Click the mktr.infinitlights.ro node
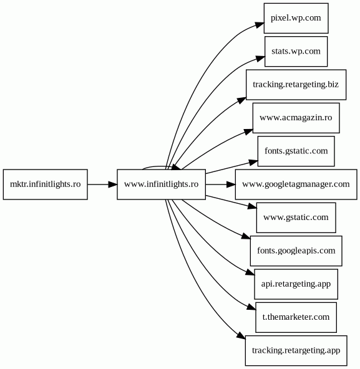tap(46, 184)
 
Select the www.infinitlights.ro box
tap(162, 184)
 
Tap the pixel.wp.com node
tap(296, 18)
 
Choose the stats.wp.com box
tap(296, 51)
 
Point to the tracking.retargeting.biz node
tap(296, 85)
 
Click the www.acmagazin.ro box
tap(296, 118)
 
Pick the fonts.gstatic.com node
tap(296, 151)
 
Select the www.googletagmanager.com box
tap(296, 184)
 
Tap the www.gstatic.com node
tap(296, 218)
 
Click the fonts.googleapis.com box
tap(296, 251)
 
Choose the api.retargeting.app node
tap(296, 284)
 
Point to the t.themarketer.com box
tap(296, 317)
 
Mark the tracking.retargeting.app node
tap(296, 351)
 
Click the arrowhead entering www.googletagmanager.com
tap(231, 184)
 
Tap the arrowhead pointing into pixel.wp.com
tap(260, 25)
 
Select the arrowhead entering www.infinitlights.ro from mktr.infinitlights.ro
tap(113, 184)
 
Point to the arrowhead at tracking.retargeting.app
tap(241, 336)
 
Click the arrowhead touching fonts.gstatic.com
tap(253, 163)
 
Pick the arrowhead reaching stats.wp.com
tap(261, 59)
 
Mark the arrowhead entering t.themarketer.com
tap(251, 307)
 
